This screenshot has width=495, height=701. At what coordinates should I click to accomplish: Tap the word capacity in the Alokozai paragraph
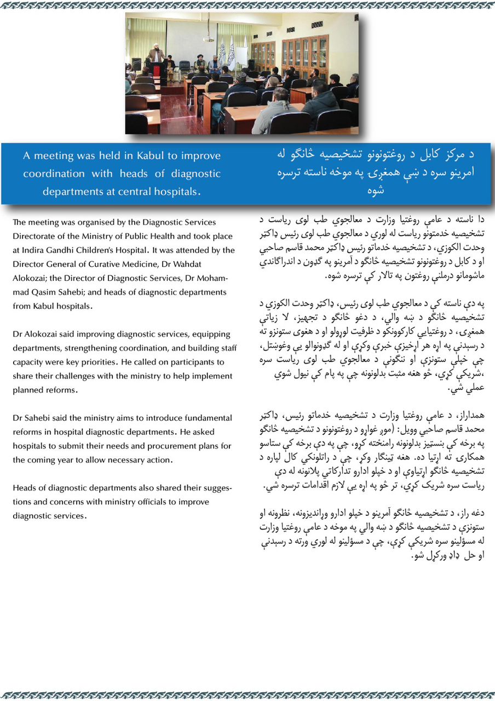pos(28,362)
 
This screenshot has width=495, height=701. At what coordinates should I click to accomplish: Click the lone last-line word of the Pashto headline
pos(390,191)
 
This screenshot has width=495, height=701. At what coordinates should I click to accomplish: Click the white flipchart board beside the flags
pos(240,56)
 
